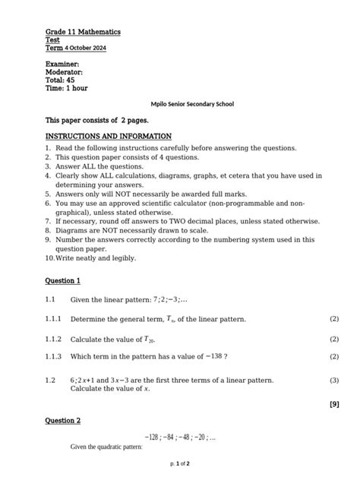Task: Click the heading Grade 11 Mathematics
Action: click(83, 33)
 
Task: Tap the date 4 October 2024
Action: click(86, 48)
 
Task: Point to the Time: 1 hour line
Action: click(67, 88)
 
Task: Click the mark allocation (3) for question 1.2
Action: click(334, 380)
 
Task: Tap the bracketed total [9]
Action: click(334, 404)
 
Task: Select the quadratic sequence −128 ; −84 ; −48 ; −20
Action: click(180, 437)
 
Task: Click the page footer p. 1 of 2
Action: click(179, 463)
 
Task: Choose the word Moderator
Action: click(65, 72)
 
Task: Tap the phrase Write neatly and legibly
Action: click(107, 257)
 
